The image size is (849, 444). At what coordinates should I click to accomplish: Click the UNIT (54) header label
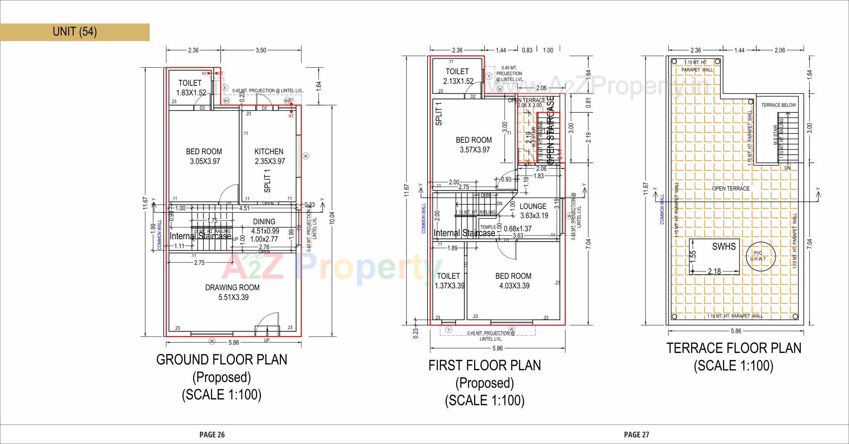point(74,31)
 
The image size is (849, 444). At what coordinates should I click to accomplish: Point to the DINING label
point(264,222)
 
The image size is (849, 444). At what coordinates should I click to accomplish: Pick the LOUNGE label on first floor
point(533,206)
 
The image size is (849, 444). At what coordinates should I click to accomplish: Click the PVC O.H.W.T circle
point(758,256)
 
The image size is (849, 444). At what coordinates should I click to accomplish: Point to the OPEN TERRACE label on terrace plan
point(730,188)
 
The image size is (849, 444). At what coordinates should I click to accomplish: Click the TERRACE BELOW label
point(778,105)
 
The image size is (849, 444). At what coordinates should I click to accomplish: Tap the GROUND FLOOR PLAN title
point(222,360)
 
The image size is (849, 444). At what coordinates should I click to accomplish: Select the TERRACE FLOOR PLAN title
point(734,348)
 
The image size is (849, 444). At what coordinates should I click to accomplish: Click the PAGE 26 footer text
point(212,434)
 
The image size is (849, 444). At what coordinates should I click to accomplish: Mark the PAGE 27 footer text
point(636,434)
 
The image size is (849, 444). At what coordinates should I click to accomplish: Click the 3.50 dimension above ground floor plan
point(261,50)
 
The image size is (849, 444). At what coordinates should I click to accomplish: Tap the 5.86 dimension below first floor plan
point(497,348)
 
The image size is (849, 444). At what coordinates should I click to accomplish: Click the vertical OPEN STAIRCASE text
point(551,131)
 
